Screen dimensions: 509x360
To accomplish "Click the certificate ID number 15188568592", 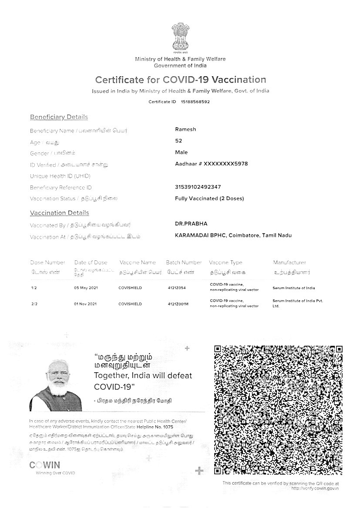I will point(195,102).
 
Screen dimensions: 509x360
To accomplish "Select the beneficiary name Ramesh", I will point(185,129).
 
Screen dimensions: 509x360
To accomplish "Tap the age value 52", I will point(178,141).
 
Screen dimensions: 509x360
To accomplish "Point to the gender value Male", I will point(181,152).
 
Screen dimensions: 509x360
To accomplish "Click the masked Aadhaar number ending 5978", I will point(211,164).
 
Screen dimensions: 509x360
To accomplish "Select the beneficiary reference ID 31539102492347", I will point(198,187).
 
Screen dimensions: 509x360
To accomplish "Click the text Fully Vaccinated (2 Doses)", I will point(209,199).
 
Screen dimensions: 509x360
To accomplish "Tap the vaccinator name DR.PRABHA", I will point(191,224).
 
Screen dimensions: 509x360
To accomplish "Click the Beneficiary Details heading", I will point(59,117).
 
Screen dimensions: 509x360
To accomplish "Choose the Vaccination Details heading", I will point(59,213).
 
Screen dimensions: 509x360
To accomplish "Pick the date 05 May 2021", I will point(85,288).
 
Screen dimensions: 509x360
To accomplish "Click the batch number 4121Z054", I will point(176,288).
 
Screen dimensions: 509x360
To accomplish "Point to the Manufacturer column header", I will point(289,263).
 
